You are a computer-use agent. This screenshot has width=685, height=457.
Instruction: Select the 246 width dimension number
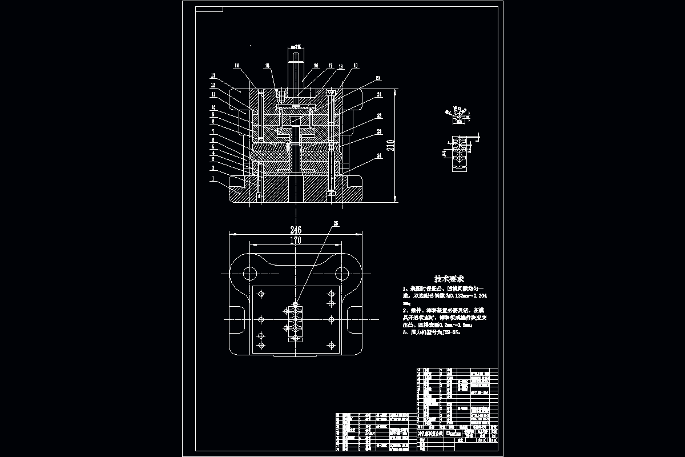tap(296, 230)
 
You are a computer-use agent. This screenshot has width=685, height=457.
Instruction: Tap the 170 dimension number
tap(296, 240)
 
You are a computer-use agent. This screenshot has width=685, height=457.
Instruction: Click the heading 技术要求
tap(449, 279)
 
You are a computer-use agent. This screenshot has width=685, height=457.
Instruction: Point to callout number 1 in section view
tap(213, 179)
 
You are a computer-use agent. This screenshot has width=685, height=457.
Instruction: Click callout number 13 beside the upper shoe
tap(213, 75)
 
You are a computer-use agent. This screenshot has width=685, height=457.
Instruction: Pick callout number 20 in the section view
tap(378, 78)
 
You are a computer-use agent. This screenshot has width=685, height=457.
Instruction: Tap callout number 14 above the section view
tap(237, 66)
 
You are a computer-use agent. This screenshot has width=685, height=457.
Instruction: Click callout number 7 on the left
tap(213, 131)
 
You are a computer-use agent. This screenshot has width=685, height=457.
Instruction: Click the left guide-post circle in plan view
tap(248, 272)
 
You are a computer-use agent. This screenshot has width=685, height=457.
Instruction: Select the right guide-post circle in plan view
tap(342, 272)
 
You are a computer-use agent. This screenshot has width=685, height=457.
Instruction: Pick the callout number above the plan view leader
tap(335, 224)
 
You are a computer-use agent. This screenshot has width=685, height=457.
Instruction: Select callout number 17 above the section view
tap(330, 66)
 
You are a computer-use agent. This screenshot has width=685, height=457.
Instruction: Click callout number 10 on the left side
tap(213, 107)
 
